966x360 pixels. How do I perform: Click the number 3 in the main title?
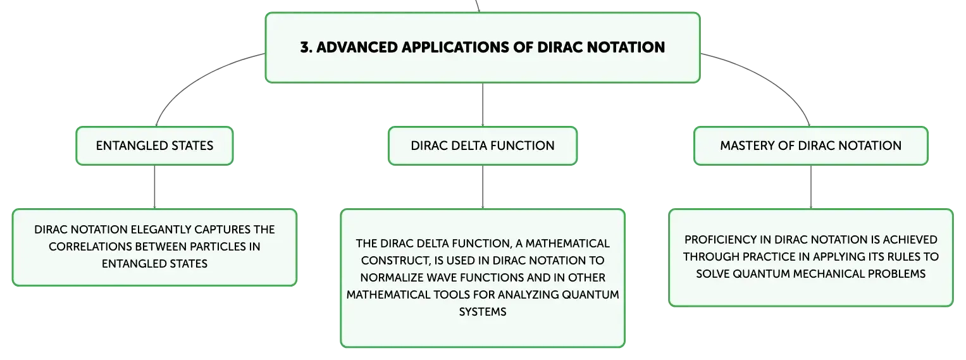pyautogui.click(x=305, y=47)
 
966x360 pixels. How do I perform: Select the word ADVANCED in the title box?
pyautogui.click(x=357, y=47)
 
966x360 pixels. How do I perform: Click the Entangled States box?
pyautogui.click(x=155, y=146)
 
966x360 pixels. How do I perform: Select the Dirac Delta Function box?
pyautogui.click(x=483, y=146)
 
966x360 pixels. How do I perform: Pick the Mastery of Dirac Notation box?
pyautogui.click(x=811, y=146)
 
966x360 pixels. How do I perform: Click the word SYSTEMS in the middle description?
pyautogui.click(x=483, y=312)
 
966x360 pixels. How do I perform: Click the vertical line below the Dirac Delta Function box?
pyautogui.click(x=483, y=187)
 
